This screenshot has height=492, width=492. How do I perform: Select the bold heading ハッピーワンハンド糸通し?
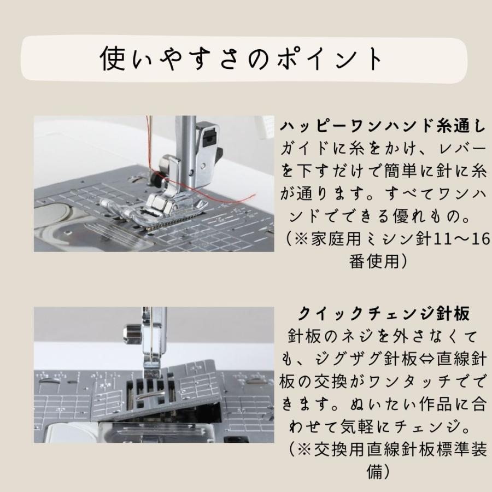pos(383,126)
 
